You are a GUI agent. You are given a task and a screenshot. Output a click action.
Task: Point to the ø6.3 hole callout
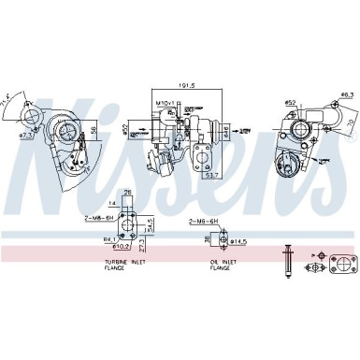coord(346,94)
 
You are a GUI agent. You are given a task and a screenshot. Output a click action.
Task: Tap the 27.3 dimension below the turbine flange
coord(142,251)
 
